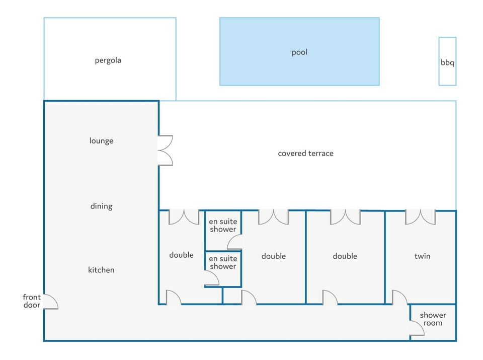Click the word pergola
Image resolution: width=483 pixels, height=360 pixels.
pyautogui.click(x=108, y=60)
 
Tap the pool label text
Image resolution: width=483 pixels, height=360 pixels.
pyautogui.click(x=299, y=52)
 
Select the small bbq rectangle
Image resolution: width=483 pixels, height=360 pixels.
pyautogui.click(x=447, y=61)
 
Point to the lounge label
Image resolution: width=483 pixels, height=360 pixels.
pyautogui.click(x=101, y=141)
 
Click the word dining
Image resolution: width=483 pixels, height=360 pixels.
pyautogui.click(x=101, y=206)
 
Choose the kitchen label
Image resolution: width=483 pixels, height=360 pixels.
pyautogui.click(x=101, y=270)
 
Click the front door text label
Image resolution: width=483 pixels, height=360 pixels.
pyautogui.click(x=32, y=301)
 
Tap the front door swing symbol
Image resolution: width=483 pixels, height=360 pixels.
pyautogui.click(x=50, y=302)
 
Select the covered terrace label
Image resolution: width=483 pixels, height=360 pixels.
pyautogui.click(x=305, y=153)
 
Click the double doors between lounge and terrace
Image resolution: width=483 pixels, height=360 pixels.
pyautogui.click(x=165, y=150)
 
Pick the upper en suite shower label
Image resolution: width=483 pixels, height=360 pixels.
pyautogui.click(x=223, y=226)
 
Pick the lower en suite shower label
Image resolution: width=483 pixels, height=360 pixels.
pyautogui.click(x=223, y=262)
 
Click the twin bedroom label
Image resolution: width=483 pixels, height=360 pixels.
pyautogui.click(x=422, y=256)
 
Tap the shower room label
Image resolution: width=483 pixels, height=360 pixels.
pyautogui.click(x=433, y=319)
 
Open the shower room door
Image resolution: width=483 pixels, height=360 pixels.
pyautogui.click(x=417, y=328)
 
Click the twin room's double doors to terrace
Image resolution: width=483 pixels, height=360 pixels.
pyautogui.click(x=420, y=217)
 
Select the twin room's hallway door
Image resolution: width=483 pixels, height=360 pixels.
pyautogui.click(x=399, y=298)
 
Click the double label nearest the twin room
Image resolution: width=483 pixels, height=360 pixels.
pyautogui.click(x=345, y=256)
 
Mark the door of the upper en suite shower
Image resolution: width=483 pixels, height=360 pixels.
pyautogui.click(x=235, y=242)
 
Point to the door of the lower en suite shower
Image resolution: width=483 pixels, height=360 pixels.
pyautogui.click(x=212, y=278)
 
